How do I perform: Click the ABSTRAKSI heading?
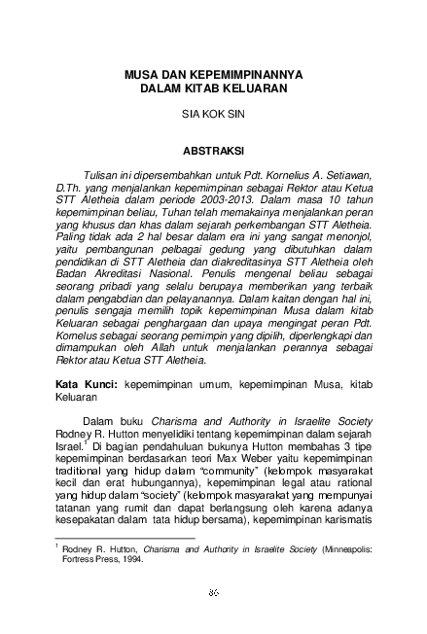pyautogui.click(x=213, y=152)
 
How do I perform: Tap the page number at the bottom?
pyautogui.click(x=213, y=590)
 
